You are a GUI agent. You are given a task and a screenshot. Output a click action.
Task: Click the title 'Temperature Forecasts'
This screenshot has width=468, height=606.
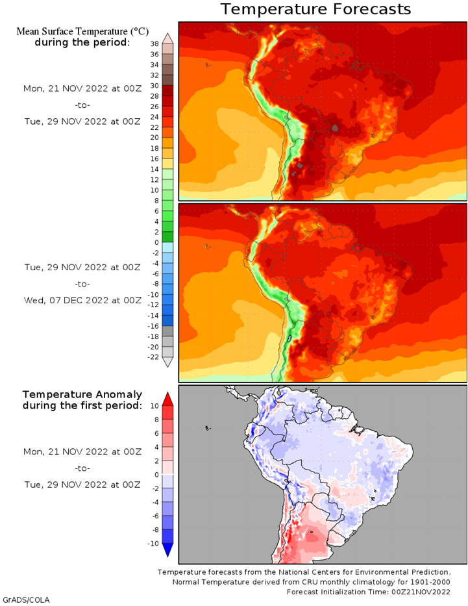(315, 9)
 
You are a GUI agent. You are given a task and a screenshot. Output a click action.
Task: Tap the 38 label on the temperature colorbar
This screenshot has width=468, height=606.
(154, 44)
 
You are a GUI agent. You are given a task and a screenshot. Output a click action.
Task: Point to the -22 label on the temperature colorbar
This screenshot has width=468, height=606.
(153, 357)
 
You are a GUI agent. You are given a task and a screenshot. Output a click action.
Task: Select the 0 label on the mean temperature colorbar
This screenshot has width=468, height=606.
(156, 242)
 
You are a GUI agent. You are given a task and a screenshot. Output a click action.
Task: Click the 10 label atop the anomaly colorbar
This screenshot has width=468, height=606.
(154, 406)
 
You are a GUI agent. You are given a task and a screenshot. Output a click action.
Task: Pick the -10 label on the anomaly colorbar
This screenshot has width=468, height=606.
(153, 544)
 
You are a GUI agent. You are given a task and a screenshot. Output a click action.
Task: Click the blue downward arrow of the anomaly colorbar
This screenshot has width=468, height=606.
(167, 550)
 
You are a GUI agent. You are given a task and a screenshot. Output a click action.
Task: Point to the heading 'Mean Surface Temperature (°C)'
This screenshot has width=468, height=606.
(82, 31)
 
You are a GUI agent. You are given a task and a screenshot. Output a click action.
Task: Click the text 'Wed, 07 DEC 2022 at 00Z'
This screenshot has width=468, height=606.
(82, 300)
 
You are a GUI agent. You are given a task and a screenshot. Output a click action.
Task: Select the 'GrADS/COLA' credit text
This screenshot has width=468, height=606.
(26, 600)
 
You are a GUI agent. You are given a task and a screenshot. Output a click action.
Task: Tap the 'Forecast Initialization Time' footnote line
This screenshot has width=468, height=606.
(369, 592)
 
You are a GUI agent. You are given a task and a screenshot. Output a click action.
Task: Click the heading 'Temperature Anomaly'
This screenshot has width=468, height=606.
(82, 395)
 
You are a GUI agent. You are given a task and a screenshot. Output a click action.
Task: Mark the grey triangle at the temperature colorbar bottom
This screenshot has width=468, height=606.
(167, 362)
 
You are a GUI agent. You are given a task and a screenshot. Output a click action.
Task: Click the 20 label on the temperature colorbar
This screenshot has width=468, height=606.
(154, 138)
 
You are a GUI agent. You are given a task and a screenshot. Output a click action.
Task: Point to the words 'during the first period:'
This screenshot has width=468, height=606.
(82, 405)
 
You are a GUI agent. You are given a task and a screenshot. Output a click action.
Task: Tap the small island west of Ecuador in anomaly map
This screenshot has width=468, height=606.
(208, 428)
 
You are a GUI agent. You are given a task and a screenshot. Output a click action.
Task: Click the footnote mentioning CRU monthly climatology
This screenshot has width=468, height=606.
(311, 582)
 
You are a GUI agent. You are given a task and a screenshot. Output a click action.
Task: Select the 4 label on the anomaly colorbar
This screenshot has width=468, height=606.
(156, 447)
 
